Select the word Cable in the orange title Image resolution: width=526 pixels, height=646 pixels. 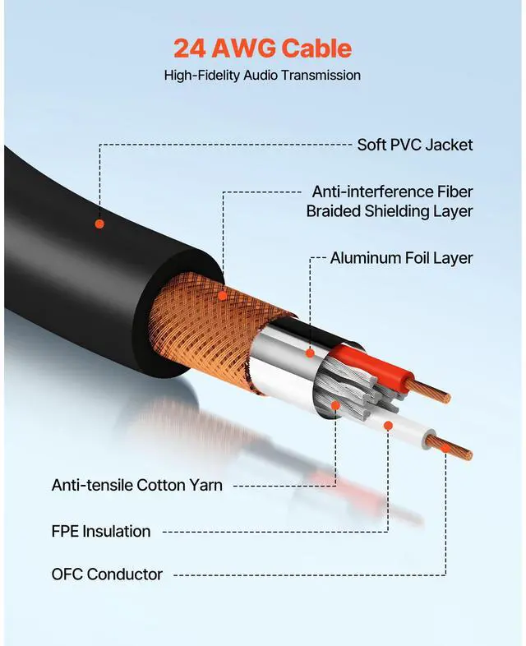pos(317,48)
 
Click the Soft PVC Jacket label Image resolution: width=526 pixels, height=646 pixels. pos(414,145)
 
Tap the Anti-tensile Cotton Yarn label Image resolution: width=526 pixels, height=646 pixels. pos(136,485)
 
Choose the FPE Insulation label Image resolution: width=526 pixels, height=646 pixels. pos(101,531)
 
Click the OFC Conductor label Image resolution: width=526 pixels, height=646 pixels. pos(107,574)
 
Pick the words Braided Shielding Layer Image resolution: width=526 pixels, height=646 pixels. pos(390,211)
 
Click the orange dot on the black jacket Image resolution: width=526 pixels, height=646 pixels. pos(99,223)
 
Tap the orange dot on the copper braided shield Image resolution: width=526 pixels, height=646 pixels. pos(224,295)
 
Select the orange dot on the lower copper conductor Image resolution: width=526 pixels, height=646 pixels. pos(445,448)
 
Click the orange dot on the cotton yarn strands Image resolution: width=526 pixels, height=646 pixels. pos(335,405)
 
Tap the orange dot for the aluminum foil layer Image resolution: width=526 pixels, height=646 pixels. pos(310,353)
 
